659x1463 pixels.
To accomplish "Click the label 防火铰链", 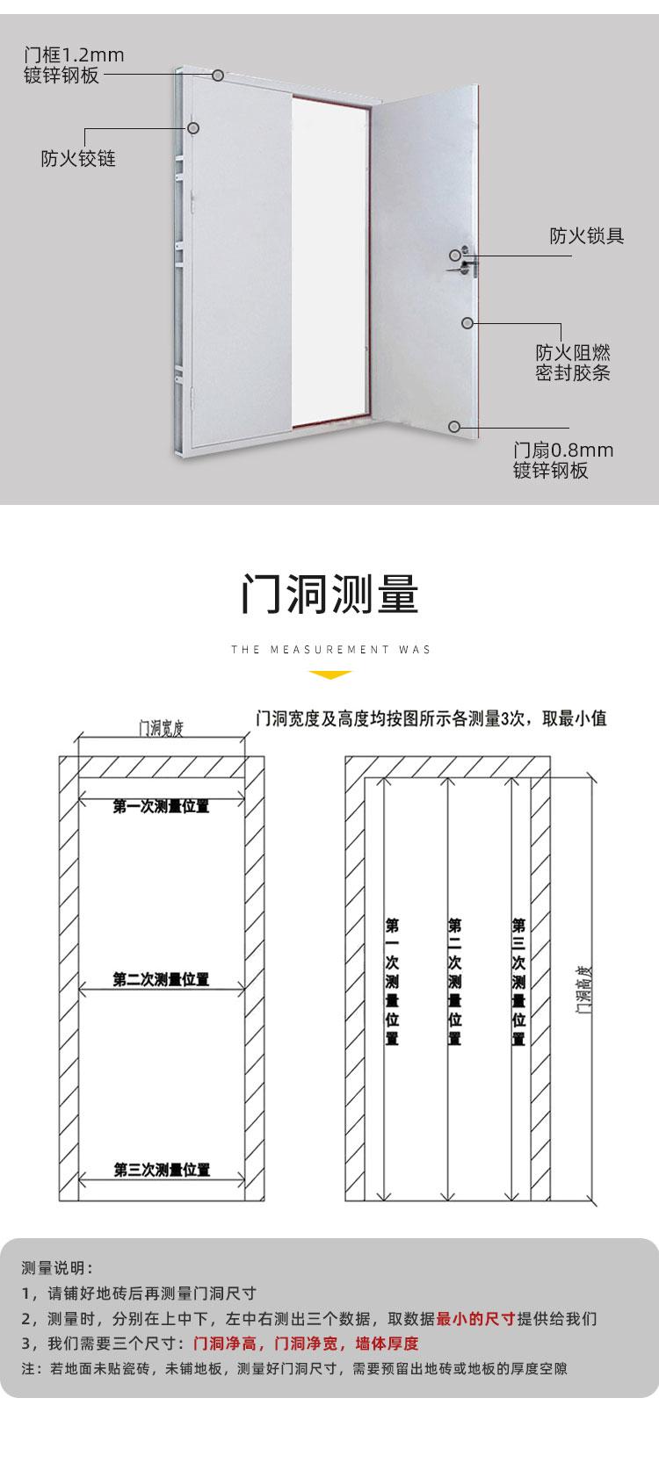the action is tap(78, 159).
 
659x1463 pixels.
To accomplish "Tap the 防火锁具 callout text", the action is tap(586, 235).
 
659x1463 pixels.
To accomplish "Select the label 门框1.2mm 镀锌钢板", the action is tap(74, 65).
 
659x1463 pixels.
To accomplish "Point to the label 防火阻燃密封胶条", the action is tap(573, 363).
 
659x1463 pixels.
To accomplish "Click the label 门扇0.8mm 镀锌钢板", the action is tap(563, 460).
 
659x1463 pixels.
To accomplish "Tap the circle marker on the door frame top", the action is tap(218, 76).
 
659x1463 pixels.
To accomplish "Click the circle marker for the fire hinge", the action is tap(192, 128).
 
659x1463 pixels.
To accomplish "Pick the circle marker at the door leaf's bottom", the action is tap(454, 427).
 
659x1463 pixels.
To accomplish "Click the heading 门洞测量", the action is tap(329, 595).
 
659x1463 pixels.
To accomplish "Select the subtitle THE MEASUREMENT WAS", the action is tap(330, 650).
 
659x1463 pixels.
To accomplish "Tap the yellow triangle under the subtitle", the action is tap(330, 674).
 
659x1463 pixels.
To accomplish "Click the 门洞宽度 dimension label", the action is tap(162, 728).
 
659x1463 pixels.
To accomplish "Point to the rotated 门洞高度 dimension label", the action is tap(583, 991).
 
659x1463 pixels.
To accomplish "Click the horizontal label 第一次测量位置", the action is tap(161, 807).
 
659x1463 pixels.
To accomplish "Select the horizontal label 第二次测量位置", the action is tap(161, 980).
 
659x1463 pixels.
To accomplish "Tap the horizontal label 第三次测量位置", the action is tap(162, 1170).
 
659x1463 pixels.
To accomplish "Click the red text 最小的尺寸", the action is tap(476, 1319).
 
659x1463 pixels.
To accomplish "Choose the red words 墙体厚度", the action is tap(387, 1344).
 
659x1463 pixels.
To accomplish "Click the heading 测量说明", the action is tap(57, 1268).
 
